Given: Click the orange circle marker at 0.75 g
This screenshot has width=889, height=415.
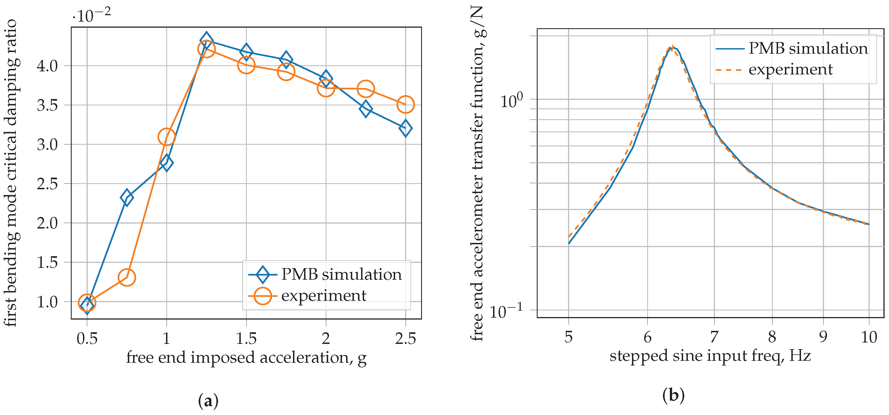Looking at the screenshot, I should click(x=127, y=277).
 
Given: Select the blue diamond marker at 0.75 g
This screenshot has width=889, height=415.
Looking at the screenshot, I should click(x=127, y=198).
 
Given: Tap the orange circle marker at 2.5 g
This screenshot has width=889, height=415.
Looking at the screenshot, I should click(x=406, y=104).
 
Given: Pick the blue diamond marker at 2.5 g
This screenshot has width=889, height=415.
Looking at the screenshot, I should click(x=406, y=128).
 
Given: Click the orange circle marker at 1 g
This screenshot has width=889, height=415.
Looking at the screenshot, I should click(x=166, y=137).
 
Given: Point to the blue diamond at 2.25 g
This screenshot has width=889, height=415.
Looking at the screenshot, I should click(x=366, y=109).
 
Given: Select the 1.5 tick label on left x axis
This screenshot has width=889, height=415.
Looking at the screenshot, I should click(x=246, y=338).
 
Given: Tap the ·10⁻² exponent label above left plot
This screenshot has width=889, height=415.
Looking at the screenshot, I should click(x=92, y=15).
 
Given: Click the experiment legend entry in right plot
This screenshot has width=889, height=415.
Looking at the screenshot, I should click(x=790, y=70).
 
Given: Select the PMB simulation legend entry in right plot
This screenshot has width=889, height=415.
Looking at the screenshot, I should click(x=808, y=49).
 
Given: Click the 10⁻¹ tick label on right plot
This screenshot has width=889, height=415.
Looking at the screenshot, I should click(x=506, y=311).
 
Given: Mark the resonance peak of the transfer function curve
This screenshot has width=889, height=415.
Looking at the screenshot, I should click(x=672, y=47).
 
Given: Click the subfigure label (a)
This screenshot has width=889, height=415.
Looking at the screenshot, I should click(x=208, y=401).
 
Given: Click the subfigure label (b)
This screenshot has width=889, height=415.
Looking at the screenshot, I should click(x=673, y=395).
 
